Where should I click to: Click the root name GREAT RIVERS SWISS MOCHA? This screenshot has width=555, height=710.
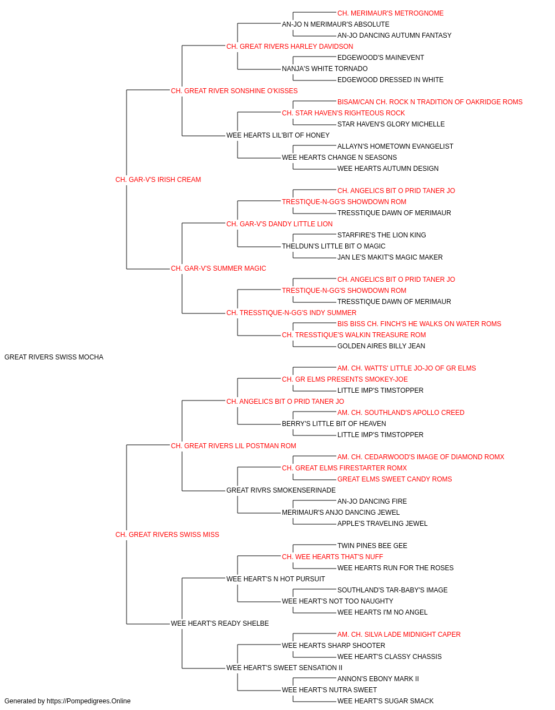pos(54,357)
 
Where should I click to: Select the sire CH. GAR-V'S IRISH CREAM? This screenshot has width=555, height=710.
pos(158,180)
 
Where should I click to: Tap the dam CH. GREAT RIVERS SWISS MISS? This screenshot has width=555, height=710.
pos(168,535)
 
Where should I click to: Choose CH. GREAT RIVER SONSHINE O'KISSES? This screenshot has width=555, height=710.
pos(234,91)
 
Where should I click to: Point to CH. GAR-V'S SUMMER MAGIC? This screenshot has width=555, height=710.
pos(219,268)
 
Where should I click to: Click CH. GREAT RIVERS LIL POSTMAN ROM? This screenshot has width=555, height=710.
pos(234,446)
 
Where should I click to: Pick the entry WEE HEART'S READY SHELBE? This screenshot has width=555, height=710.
pos(220,623)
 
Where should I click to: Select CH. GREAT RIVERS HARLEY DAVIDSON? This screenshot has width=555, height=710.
pos(290,47)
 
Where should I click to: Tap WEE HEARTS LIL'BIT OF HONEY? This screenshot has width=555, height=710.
pos(278,135)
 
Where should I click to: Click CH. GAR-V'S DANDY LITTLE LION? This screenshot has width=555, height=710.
pos(280,224)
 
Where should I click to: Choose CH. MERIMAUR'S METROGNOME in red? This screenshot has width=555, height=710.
pos(391,13)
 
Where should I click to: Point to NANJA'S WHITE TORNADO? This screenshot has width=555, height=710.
pos(325,69)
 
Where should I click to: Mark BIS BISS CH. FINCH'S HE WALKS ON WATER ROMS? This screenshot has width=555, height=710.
pos(420,324)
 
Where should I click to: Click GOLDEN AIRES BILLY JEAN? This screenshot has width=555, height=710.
pos(381,346)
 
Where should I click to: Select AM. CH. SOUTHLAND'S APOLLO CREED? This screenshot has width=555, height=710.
pos(401,413)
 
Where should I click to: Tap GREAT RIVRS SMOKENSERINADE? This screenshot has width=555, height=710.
pos(281,490)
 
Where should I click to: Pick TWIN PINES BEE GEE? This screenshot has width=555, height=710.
pos(372,546)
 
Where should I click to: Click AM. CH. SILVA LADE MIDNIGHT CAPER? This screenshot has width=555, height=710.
pos(399,635)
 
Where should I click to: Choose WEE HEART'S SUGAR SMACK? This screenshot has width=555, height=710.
pos(386,701)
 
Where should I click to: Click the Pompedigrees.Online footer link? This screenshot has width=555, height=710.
pos(89,701)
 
